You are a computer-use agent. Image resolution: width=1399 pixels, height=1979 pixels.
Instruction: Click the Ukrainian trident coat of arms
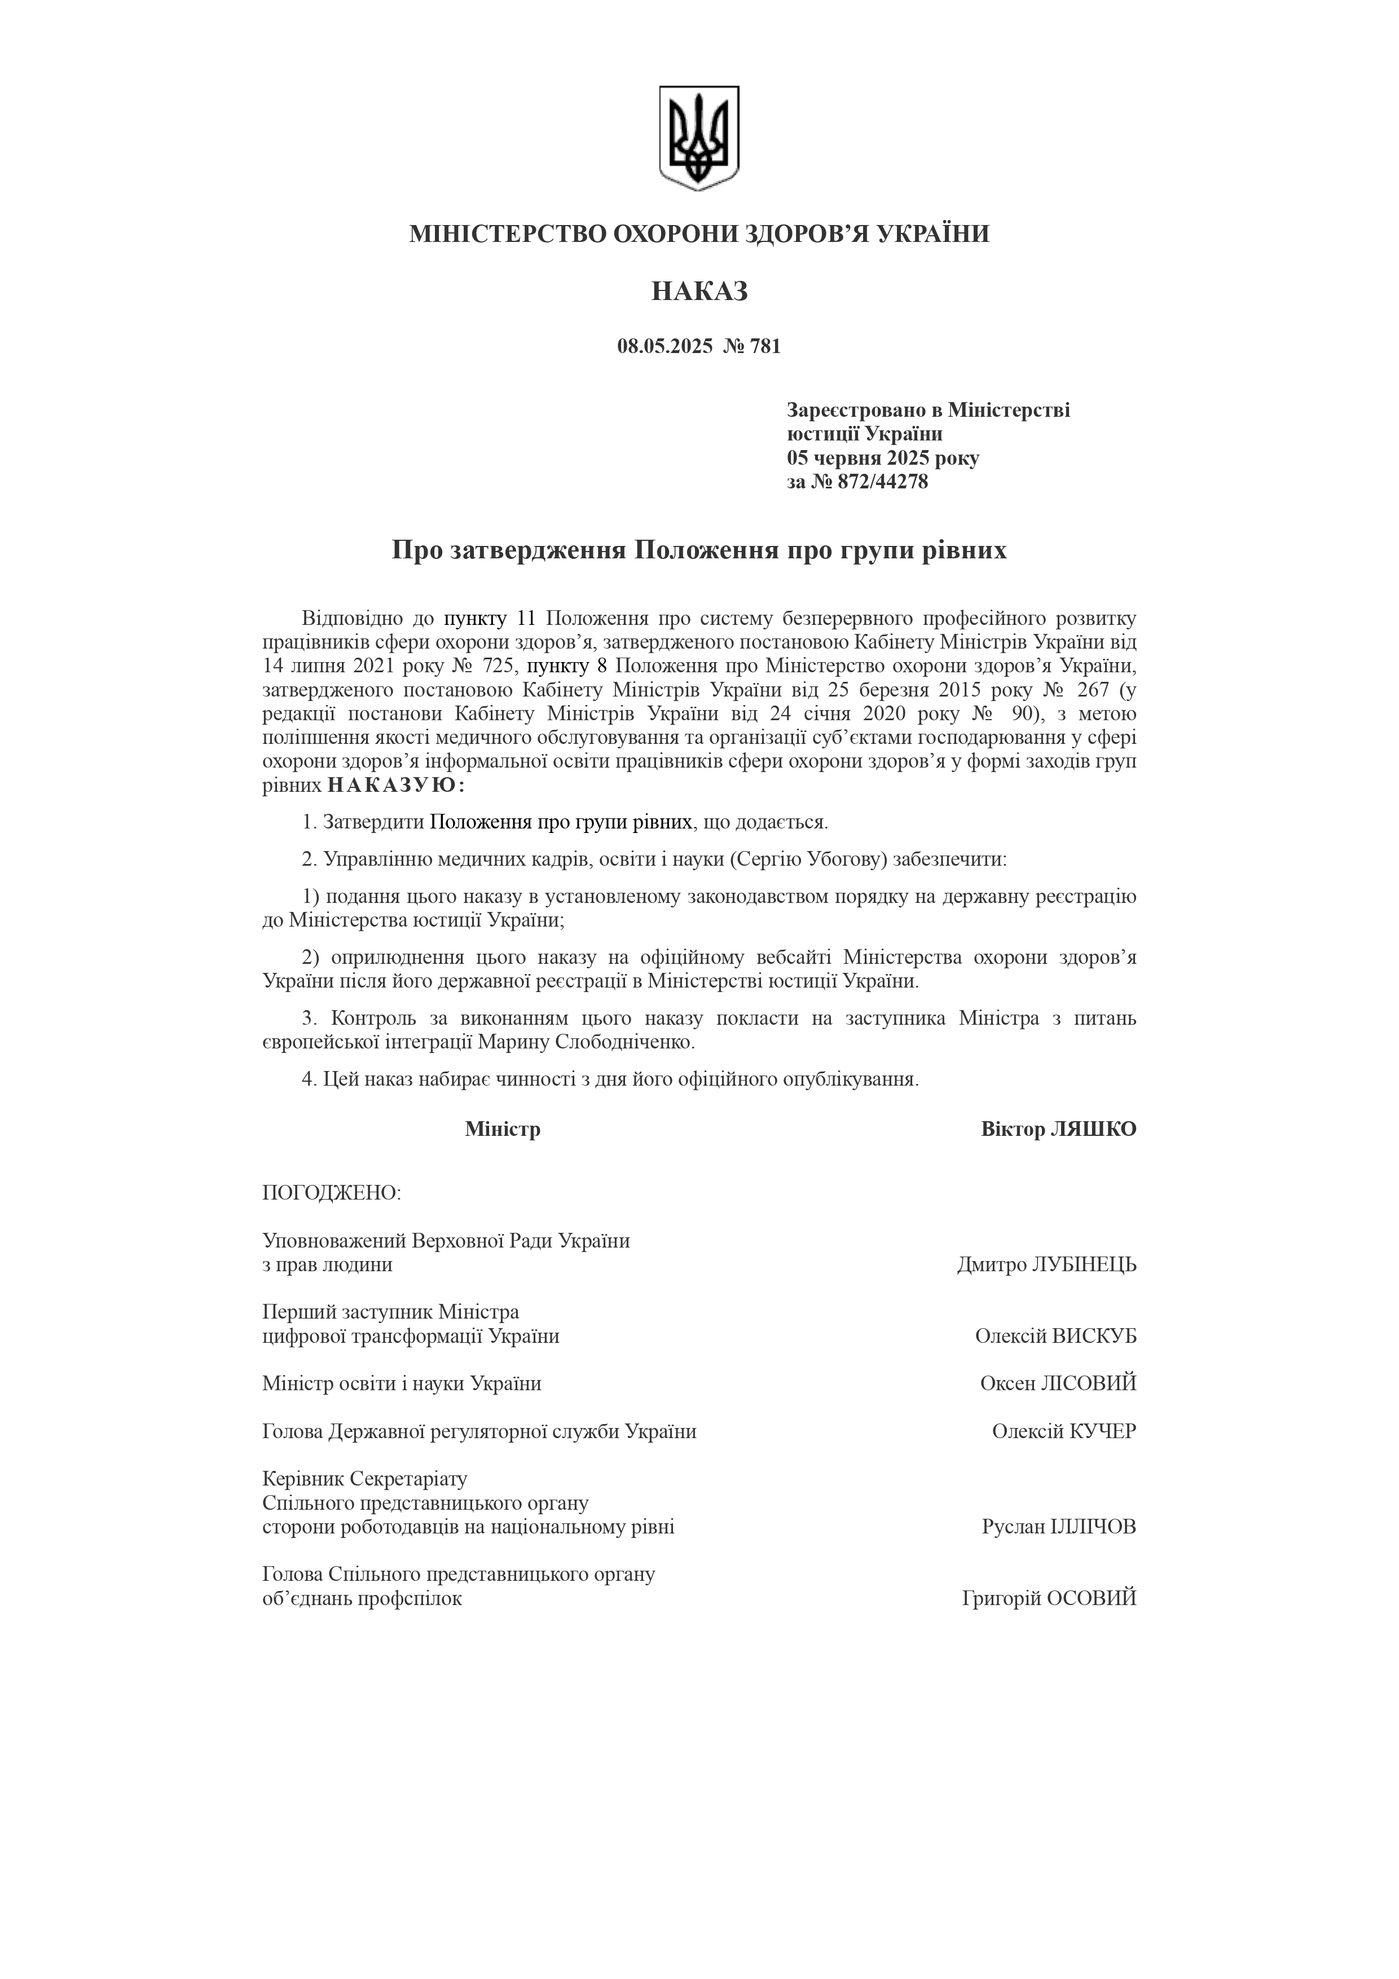click(x=699, y=138)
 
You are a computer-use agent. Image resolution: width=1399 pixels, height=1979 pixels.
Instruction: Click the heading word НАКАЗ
click(x=699, y=292)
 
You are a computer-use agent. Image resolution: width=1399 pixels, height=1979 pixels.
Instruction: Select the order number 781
click(x=766, y=346)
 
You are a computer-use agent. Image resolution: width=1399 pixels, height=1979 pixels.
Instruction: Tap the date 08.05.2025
click(x=665, y=346)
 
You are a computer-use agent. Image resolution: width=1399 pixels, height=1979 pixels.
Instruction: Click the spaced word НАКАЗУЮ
click(x=397, y=785)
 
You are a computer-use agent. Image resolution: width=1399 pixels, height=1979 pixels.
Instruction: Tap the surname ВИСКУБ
click(x=1095, y=1336)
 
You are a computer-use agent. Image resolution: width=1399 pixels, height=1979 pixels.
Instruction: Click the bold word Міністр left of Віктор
click(x=503, y=1129)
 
